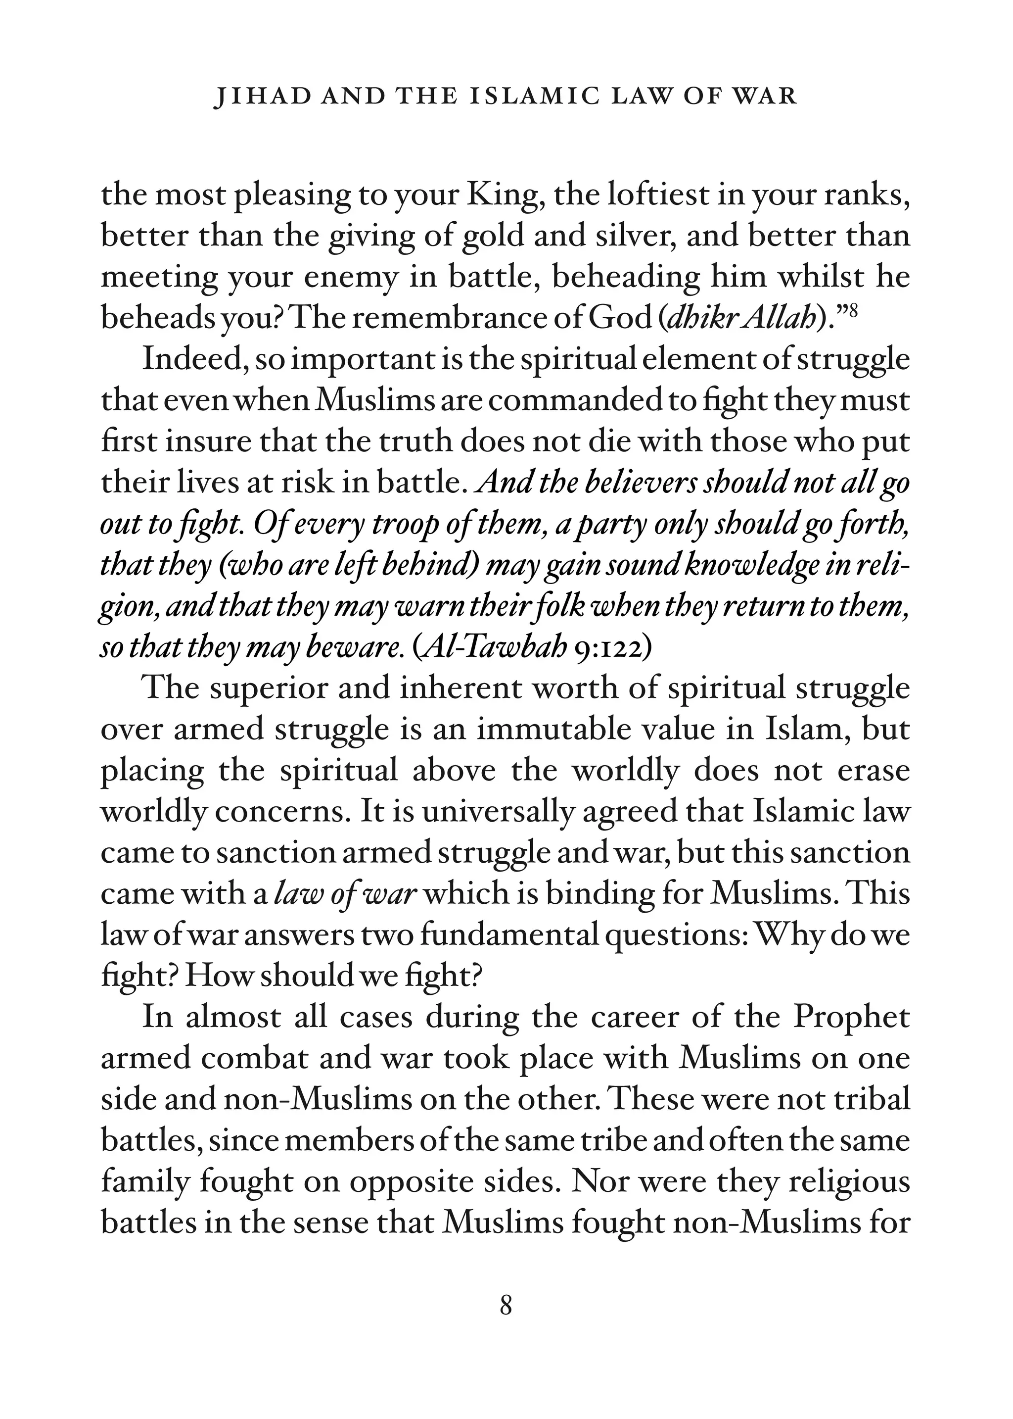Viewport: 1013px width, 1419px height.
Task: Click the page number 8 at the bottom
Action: tap(506, 1305)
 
